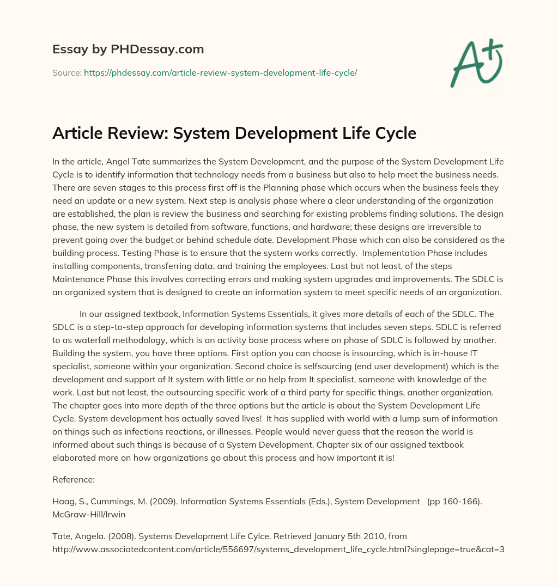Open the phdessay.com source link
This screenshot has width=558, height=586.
tap(220, 72)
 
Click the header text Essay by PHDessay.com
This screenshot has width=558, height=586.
tap(128, 50)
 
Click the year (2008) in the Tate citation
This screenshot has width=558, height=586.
tap(113, 536)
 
